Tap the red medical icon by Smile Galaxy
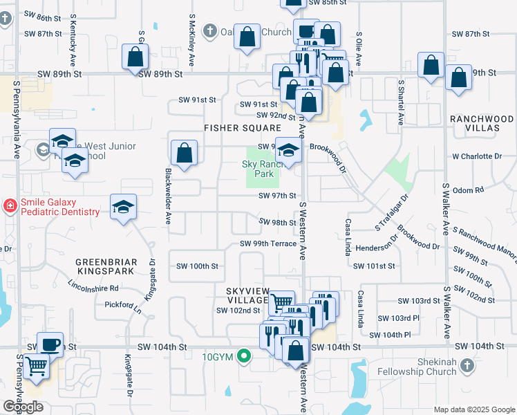point(10,205)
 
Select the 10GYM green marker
point(243,357)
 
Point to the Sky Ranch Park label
point(263,169)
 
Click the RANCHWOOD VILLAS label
point(482,124)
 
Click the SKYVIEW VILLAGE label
point(247,295)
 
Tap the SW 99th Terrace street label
point(268,243)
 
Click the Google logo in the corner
point(23,407)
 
